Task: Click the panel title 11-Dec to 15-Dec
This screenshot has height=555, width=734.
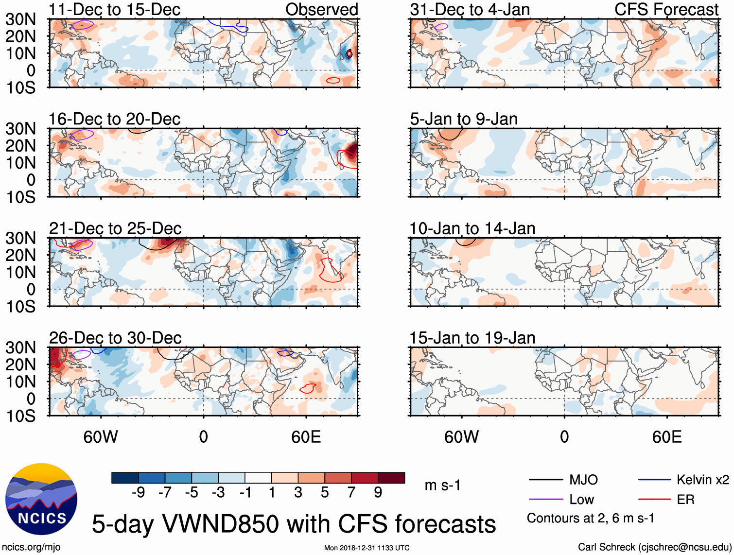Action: pyautogui.click(x=114, y=10)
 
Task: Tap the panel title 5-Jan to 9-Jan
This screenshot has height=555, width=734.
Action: pyautogui.click(x=463, y=119)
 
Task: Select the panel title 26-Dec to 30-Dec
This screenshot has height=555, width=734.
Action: pyautogui.click(x=115, y=338)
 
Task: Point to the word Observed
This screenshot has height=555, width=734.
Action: pyautogui.click(x=321, y=10)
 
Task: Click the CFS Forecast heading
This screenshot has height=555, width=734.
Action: pyautogui.click(x=666, y=10)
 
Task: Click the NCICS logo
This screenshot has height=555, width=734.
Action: pyautogui.click(x=41, y=499)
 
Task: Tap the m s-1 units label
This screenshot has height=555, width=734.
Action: pyautogui.click(x=442, y=485)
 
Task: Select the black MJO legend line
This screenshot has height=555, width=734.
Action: pyautogui.click(x=545, y=480)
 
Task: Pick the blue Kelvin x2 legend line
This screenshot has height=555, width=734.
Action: pyautogui.click(x=654, y=480)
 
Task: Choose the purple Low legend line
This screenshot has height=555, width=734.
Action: pyautogui.click(x=545, y=500)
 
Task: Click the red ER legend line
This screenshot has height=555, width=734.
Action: pyautogui.click(x=654, y=500)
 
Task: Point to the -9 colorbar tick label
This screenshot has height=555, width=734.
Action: pyautogui.click(x=139, y=493)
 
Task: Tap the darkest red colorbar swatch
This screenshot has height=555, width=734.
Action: pyautogui.click(x=391, y=478)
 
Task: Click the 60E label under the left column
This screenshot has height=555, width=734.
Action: pyautogui.click(x=306, y=437)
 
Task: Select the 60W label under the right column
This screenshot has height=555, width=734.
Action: pyautogui.click(x=461, y=437)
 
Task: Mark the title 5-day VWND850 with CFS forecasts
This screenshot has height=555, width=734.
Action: pyautogui.click(x=294, y=524)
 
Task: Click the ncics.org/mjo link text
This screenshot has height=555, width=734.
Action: pyautogui.click(x=31, y=547)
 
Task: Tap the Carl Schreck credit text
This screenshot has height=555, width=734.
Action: pyautogui.click(x=654, y=547)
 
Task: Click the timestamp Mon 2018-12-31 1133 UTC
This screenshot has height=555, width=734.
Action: pyautogui.click(x=367, y=548)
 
